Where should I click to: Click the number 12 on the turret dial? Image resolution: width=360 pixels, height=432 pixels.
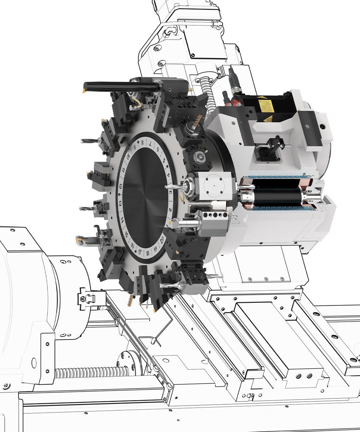click(120, 187)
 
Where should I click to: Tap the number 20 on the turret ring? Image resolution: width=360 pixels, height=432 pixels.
click(162, 239)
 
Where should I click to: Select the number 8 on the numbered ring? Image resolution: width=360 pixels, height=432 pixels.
click(143, 143)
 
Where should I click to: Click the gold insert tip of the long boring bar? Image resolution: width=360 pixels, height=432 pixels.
click(85, 90)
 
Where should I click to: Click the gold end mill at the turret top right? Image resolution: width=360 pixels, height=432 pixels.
click(197, 120)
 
